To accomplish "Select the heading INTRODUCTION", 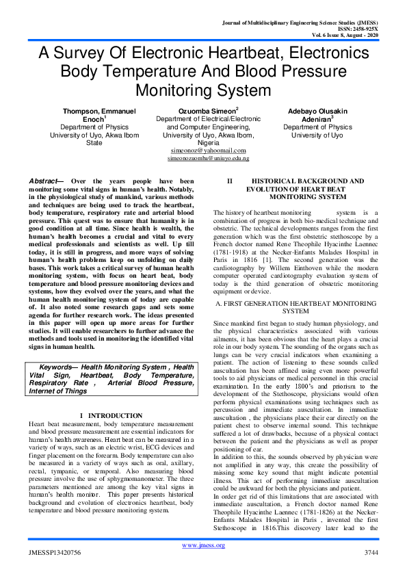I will [117, 415].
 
